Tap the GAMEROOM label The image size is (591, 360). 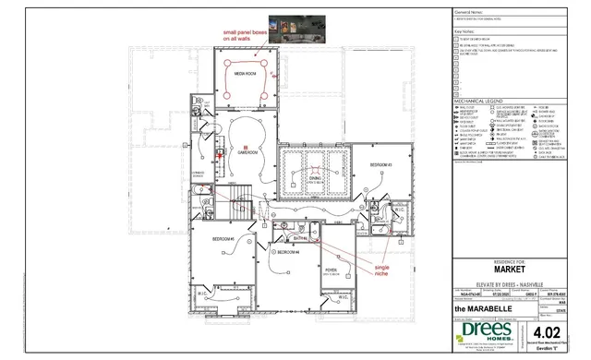[248, 153]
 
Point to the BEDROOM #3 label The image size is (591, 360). [382, 164]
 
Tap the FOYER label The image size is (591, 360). [331, 270]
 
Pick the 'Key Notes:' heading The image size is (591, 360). [464, 30]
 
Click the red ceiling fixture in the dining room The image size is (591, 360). [316, 168]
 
